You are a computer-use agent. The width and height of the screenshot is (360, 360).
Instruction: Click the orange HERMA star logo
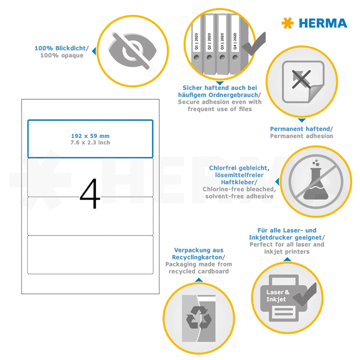pyautogui.click(x=287, y=23)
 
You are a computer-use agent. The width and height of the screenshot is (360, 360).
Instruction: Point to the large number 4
pyautogui.click(x=90, y=194)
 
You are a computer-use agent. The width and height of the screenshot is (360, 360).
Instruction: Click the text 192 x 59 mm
pyautogui.click(x=90, y=136)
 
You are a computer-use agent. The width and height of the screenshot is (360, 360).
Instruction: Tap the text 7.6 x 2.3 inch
pyautogui.click(x=90, y=143)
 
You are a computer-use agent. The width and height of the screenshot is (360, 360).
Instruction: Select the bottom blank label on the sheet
pyautogui.click(x=90, y=255)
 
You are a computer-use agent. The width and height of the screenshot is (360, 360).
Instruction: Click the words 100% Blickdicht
pyautogui.click(x=60, y=48)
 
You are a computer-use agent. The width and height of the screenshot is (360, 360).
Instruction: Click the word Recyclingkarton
pyautogui.click(x=199, y=257)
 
